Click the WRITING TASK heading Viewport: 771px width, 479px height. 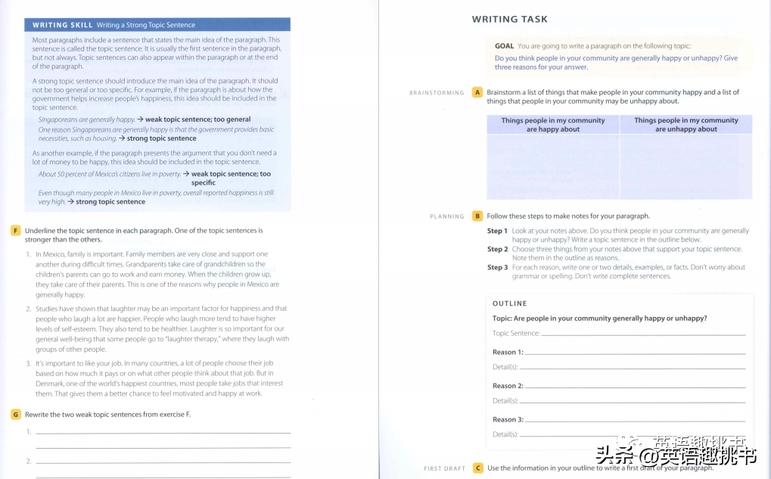click(x=509, y=19)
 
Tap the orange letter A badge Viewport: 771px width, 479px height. click(x=477, y=92)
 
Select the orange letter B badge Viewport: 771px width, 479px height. click(x=477, y=216)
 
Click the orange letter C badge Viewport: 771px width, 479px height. click(x=477, y=468)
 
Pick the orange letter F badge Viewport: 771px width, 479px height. click(x=15, y=230)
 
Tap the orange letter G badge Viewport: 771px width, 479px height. click(x=15, y=414)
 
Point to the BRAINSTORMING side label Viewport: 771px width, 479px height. click(x=437, y=93)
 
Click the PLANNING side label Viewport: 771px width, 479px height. click(x=446, y=216)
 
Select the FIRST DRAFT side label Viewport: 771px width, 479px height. click(x=444, y=468)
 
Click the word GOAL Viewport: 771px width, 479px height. click(x=505, y=46)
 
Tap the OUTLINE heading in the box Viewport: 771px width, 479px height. click(x=509, y=303)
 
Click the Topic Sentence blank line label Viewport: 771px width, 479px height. click(x=516, y=333)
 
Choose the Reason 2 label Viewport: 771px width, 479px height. click(x=508, y=386)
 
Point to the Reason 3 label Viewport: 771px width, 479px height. click(x=508, y=419)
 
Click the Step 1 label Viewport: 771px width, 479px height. click(x=497, y=231)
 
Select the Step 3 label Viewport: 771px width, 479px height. click(x=497, y=267)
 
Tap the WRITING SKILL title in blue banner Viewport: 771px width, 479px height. click(x=63, y=25)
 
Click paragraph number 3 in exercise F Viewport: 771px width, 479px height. click(x=28, y=364)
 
